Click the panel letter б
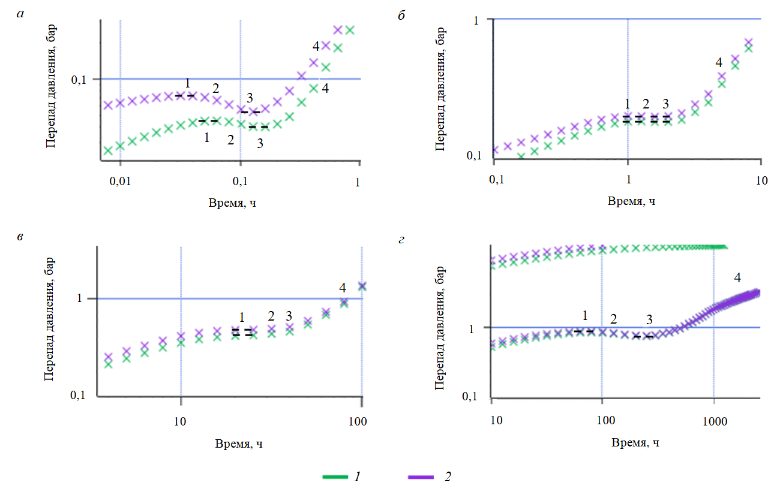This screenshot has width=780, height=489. [402, 16]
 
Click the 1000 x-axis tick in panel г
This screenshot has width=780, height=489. [714, 421]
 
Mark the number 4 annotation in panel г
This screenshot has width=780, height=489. [737, 277]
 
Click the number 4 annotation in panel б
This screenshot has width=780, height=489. [719, 62]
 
